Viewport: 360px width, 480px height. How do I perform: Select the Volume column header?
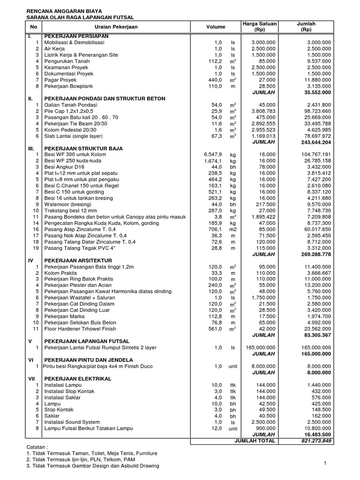click(x=215, y=27)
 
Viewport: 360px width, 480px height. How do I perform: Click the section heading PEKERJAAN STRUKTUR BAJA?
click(x=83, y=149)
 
